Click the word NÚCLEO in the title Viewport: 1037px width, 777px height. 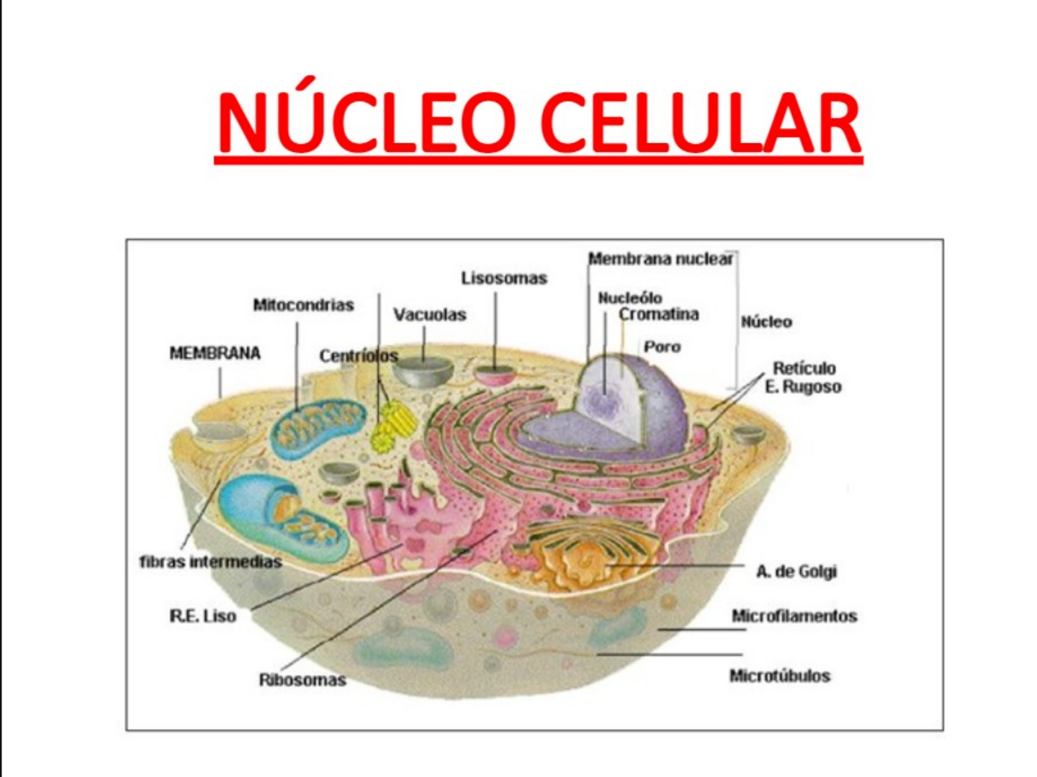(367, 122)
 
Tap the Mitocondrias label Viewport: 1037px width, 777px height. (303, 305)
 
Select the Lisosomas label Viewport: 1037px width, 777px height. (504, 278)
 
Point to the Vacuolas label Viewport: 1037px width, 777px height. (430, 314)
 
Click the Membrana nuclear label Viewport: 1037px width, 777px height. (660, 259)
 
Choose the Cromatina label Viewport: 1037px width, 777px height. (659, 314)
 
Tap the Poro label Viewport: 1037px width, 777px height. (662, 347)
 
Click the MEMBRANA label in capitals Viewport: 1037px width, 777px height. (215, 353)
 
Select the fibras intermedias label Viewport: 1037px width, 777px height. (210, 562)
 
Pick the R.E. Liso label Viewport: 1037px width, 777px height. (202, 616)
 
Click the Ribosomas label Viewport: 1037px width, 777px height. (302, 680)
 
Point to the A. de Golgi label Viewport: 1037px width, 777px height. (796, 572)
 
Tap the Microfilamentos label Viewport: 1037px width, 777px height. (794, 616)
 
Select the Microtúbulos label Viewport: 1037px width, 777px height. (780, 676)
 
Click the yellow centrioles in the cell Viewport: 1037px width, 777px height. (393, 424)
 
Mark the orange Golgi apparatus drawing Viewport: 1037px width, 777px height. (583, 554)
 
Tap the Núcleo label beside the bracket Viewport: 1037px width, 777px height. (766, 322)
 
